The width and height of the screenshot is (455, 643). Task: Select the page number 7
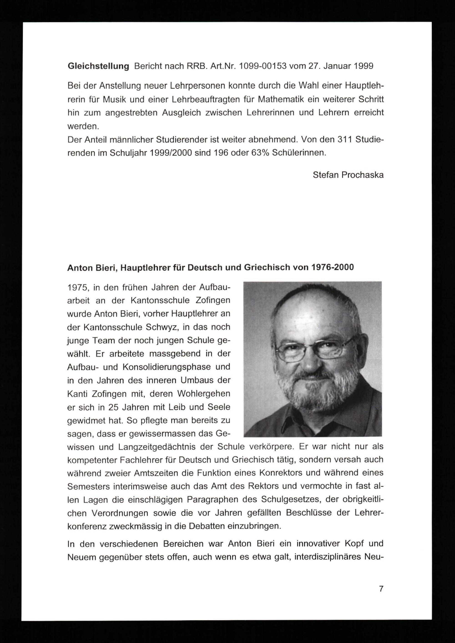tap(381, 589)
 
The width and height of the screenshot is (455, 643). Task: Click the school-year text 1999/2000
tap(171, 153)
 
